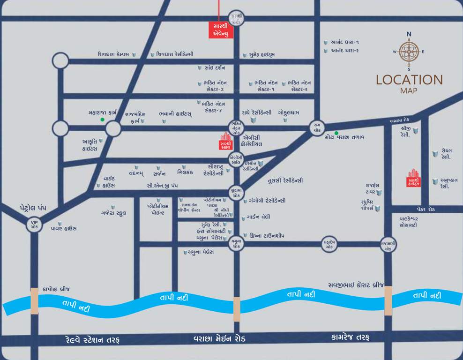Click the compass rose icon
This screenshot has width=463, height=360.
click(x=409, y=52)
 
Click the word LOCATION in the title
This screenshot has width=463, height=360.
click(x=409, y=80)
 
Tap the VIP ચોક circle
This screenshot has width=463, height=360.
click(x=34, y=224)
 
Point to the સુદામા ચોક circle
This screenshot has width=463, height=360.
click(x=236, y=192)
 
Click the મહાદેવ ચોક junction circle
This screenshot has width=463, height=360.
click(x=329, y=244)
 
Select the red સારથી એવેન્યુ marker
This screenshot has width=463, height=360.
click(x=219, y=29)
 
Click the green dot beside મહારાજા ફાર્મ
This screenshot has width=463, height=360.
click(x=102, y=120)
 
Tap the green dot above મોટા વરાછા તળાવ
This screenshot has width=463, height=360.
click(x=336, y=133)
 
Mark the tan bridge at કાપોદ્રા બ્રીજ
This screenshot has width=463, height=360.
click(x=34, y=301)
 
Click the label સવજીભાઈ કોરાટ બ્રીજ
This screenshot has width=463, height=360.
click(x=355, y=285)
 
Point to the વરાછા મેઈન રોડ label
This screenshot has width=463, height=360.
click(x=219, y=338)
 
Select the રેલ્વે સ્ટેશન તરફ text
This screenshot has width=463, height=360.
click(x=92, y=339)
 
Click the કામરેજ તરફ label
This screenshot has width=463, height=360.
click(x=350, y=337)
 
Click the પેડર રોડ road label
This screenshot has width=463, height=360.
click(x=426, y=209)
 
